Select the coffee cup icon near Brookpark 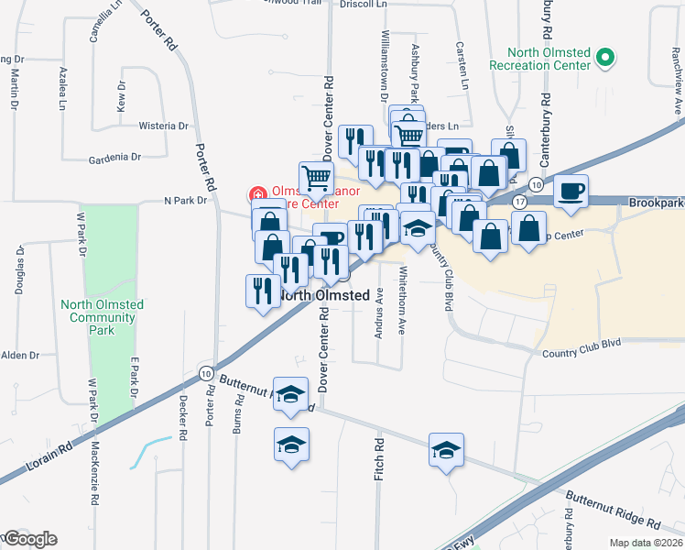pos(571,191)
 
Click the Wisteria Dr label pos(163,126)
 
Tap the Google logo pos(29,539)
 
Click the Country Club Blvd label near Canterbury pos(581,342)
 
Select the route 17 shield pos(520,200)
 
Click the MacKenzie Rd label pos(96,471)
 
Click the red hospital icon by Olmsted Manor pos(258,194)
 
